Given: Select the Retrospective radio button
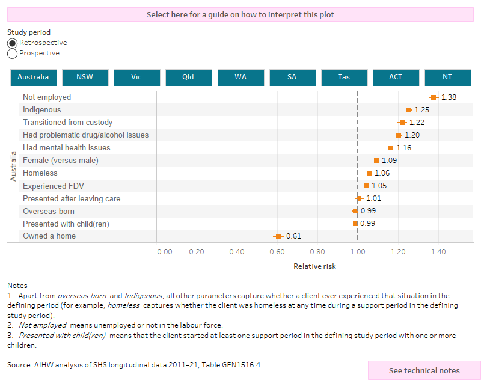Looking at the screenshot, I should coord(12,43).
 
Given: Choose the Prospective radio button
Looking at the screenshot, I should coord(12,54).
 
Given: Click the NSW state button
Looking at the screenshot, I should coord(85,78).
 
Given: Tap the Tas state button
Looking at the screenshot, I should coord(343,78).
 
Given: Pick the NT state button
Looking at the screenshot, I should coord(447,78).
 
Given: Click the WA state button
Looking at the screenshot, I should coord(240,78).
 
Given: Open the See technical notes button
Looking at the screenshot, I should coord(424,370).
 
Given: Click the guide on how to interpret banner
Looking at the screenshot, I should coord(240,14).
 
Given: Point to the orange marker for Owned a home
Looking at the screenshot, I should coord(278,236).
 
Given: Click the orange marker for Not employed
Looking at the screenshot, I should coord(434,97).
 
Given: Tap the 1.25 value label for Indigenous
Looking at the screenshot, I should coord(421,110).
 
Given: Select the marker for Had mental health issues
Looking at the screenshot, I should coord(391,148).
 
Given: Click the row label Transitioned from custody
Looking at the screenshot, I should coord(67,123).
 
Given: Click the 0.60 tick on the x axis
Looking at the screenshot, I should coord(277,252).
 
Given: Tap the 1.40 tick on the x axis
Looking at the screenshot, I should coord(438,252).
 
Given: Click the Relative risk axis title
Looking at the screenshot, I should coord(314,266).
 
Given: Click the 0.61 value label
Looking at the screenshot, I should coord(293,236).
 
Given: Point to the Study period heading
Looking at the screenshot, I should coord(29,32).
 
